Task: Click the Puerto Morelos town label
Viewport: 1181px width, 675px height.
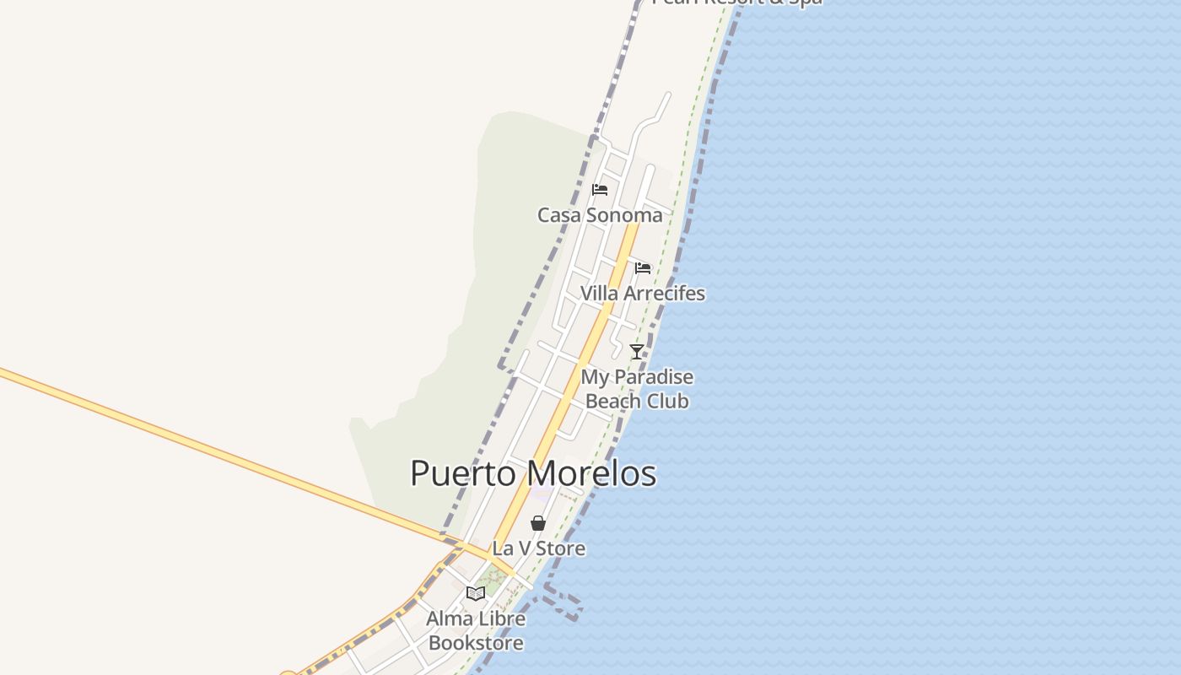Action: click(x=533, y=473)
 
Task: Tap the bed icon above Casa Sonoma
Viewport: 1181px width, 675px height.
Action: click(x=600, y=190)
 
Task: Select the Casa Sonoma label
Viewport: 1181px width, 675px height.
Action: click(x=600, y=215)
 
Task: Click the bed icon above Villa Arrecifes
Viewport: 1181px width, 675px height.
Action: click(x=643, y=268)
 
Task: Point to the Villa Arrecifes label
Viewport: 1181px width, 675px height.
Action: click(x=643, y=294)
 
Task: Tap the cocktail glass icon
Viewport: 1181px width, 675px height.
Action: click(x=637, y=352)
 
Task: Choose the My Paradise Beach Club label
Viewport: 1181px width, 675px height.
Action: click(x=637, y=389)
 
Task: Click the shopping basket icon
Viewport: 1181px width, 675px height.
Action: click(x=538, y=523)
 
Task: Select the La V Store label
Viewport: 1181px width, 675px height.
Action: click(x=538, y=548)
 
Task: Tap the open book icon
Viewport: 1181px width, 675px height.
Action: click(x=476, y=593)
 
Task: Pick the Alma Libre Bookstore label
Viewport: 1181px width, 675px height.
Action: click(x=476, y=630)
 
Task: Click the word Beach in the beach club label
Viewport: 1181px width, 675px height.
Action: click(x=611, y=401)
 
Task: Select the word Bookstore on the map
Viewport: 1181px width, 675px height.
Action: click(x=476, y=643)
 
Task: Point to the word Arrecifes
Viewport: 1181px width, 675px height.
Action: click(x=665, y=294)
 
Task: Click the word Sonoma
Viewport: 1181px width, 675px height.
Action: click(x=624, y=215)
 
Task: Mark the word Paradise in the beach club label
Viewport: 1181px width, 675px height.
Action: click(x=653, y=377)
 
